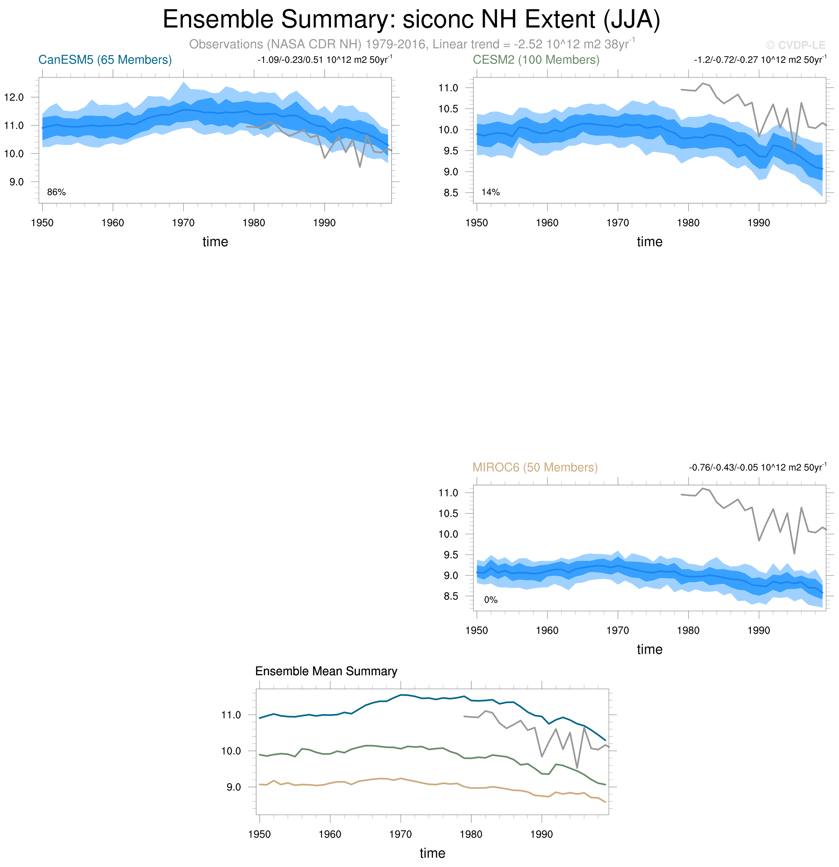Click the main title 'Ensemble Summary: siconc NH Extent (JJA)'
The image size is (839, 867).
point(411,20)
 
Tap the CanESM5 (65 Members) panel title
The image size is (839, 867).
point(105,60)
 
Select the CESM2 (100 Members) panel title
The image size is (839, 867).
point(536,60)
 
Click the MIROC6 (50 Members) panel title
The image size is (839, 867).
point(535,467)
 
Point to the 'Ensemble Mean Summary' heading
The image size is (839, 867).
point(326,672)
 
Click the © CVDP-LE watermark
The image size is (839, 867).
point(796,45)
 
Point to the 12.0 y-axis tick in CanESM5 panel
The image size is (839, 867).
point(14,97)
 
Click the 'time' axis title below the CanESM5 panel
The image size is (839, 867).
point(215,242)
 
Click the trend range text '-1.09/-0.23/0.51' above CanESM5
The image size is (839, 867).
point(290,60)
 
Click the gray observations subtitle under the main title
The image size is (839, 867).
point(411,44)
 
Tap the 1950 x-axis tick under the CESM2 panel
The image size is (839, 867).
point(477,223)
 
